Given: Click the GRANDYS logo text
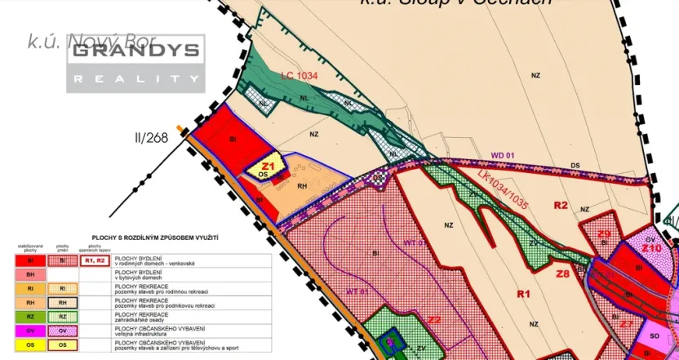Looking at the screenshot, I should (135, 51).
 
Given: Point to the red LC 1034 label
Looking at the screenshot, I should (299, 76).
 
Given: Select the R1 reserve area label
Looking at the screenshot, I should (523, 292).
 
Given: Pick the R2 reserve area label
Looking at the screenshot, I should (560, 205).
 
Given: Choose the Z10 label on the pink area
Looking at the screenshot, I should (650, 247).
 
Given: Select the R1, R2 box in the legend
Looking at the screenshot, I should (95, 260).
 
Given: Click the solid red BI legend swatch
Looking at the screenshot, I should (30, 260).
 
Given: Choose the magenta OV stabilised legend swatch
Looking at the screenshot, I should (30, 330).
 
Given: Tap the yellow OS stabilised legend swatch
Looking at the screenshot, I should (30, 344).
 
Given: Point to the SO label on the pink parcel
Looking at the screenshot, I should (654, 336).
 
